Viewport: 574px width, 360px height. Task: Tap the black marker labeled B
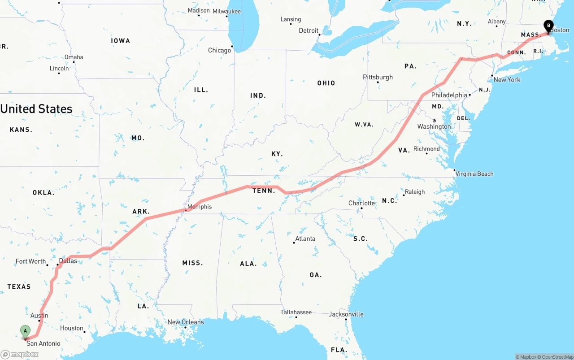click(548, 26)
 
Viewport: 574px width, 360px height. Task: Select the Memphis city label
click(199, 207)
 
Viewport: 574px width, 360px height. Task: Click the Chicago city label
click(219, 50)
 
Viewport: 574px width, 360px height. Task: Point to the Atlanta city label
click(305, 239)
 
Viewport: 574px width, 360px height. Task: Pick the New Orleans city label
click(185, 322)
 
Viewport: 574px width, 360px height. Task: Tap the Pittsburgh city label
click(378, 77)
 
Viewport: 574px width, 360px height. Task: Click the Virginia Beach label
click(474, 174)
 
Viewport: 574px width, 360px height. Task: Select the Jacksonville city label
click(346, 314)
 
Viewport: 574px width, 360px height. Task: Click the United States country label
click(36, 109)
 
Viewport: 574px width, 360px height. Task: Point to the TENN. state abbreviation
click(264, 191)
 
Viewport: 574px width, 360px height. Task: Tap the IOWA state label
click(121, 41)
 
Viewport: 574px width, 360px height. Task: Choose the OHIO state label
click(326, 83)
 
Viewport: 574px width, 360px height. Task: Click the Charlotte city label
click(361, 203)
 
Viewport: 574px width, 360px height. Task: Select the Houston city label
click(72, 328)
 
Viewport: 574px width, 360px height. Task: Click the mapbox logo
click(20, 354)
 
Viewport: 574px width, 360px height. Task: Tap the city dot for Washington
click(434, 121)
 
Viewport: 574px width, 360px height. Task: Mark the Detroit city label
click(309, 30)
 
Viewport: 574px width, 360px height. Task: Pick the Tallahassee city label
click(296, 312)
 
